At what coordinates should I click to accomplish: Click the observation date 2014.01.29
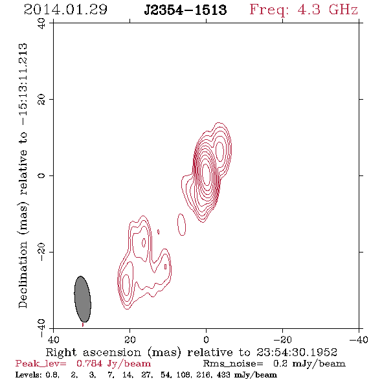tap(65, 10)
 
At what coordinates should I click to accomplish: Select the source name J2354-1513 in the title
tap(185, 10)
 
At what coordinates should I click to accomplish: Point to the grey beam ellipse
tap(83, 299)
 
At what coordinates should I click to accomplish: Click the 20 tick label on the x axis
tap(129, 339)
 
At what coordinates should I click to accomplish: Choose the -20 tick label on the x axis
tap(282, 339)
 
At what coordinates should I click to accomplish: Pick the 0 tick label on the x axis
tap(206, 339)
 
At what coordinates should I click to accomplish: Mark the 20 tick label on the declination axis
tap(41, 100)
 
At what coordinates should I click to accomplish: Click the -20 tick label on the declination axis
tap(41, 252)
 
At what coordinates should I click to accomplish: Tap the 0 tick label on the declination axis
tap(41, 175)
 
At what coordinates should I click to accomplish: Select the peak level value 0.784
tap(89, 363)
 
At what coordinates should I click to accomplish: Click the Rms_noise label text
tap(233, 364)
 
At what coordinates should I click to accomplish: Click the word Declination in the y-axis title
tap(23, 275)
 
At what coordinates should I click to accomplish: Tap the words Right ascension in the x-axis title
tap(93, 352)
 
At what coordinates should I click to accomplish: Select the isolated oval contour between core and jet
tap(181, 225)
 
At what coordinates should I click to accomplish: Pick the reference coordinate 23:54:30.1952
tap(297, 352)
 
